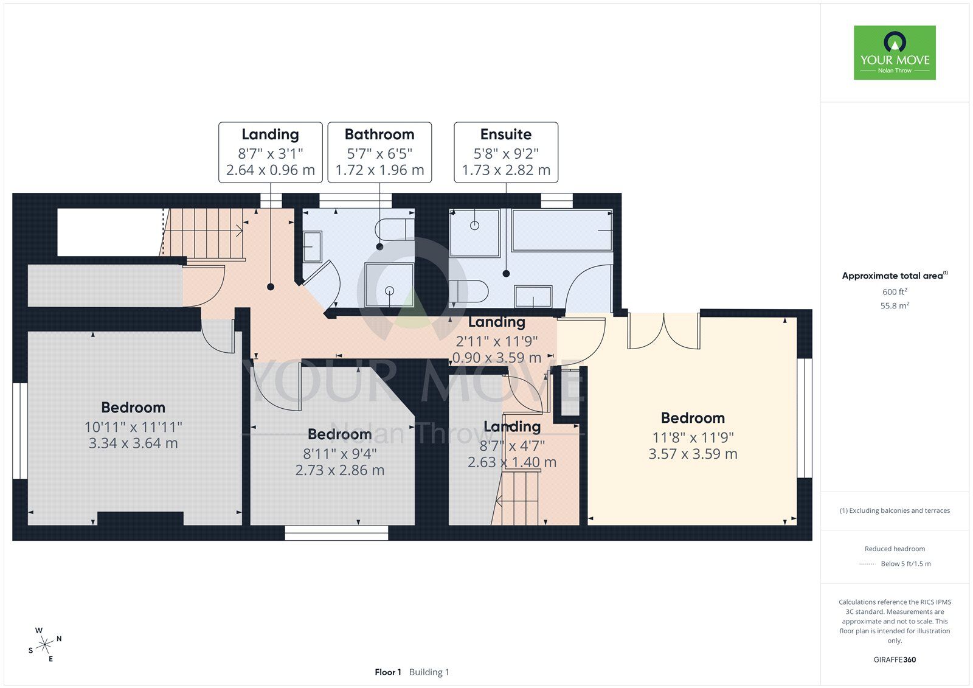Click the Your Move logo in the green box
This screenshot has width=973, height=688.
(895, 52)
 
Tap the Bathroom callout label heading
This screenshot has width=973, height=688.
(379, 134)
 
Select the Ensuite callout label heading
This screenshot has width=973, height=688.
(505, 134)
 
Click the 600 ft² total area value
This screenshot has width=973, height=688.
(895, 291)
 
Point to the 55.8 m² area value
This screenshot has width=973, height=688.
(895, 305)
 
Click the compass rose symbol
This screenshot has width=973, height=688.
(45, 645)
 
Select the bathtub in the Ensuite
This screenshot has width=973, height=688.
(562, 231)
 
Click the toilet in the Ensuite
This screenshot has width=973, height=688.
(469, 291)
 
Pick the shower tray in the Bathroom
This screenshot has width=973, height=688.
(389, 285)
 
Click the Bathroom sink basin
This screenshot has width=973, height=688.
(313, 247)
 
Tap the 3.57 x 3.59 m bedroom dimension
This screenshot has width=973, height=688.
(693, 454)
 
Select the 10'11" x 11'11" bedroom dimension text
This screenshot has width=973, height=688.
(133, 427)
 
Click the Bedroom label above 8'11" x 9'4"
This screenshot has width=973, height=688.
(340, 434)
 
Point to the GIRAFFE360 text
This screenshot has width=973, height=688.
(895, 659)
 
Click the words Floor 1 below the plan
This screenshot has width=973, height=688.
(388, 672)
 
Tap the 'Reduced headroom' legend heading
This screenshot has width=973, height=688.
(895, 549)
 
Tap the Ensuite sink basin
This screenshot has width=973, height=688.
(533, 296)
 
